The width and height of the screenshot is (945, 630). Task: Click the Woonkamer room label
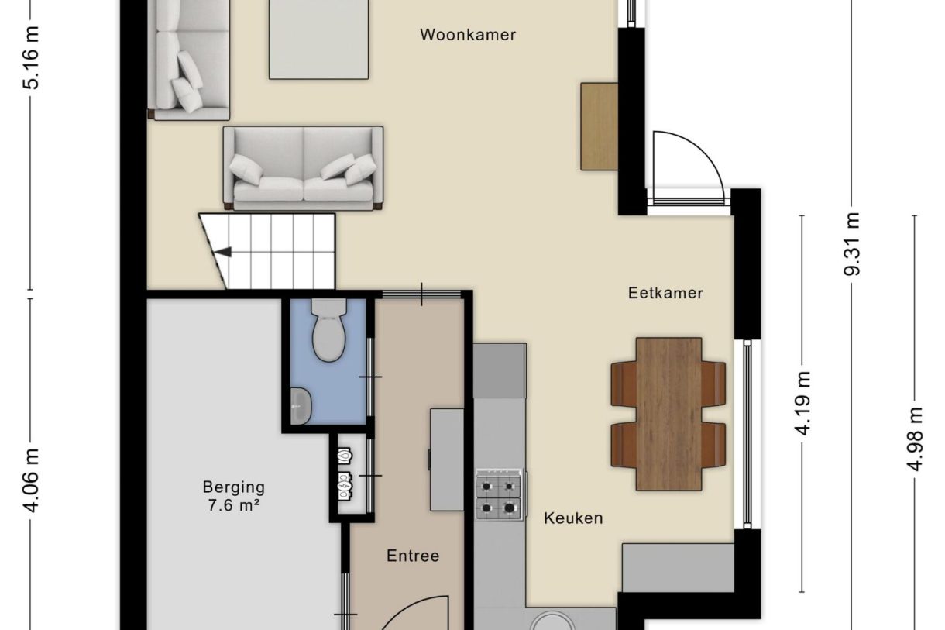[x=468, y=35]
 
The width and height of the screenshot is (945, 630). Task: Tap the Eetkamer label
[x=665, y=293]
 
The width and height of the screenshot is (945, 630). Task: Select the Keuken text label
[x=572, y=518]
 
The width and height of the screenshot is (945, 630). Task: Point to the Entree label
[x=413, y=556]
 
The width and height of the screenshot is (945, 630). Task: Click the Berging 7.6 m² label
[x=233, y=496]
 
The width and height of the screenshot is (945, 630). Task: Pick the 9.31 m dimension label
[x=852, y=244]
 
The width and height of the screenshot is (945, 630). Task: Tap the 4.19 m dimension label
[x=803, y=403]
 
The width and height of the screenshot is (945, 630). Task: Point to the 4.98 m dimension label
[x=916, y=439]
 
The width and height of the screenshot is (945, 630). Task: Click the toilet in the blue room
[x=328, y=332]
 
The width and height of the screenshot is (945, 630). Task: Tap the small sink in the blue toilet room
[x=300, y=405]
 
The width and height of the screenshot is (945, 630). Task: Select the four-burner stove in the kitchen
[x=498, y=494]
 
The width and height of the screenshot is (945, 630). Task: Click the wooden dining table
[x=668, y=413]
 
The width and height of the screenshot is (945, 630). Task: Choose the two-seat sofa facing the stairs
[x=304, y=168]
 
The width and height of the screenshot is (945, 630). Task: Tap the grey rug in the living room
[x=319, y=39]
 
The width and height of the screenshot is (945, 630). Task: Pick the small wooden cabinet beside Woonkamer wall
[x=599, y=126]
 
